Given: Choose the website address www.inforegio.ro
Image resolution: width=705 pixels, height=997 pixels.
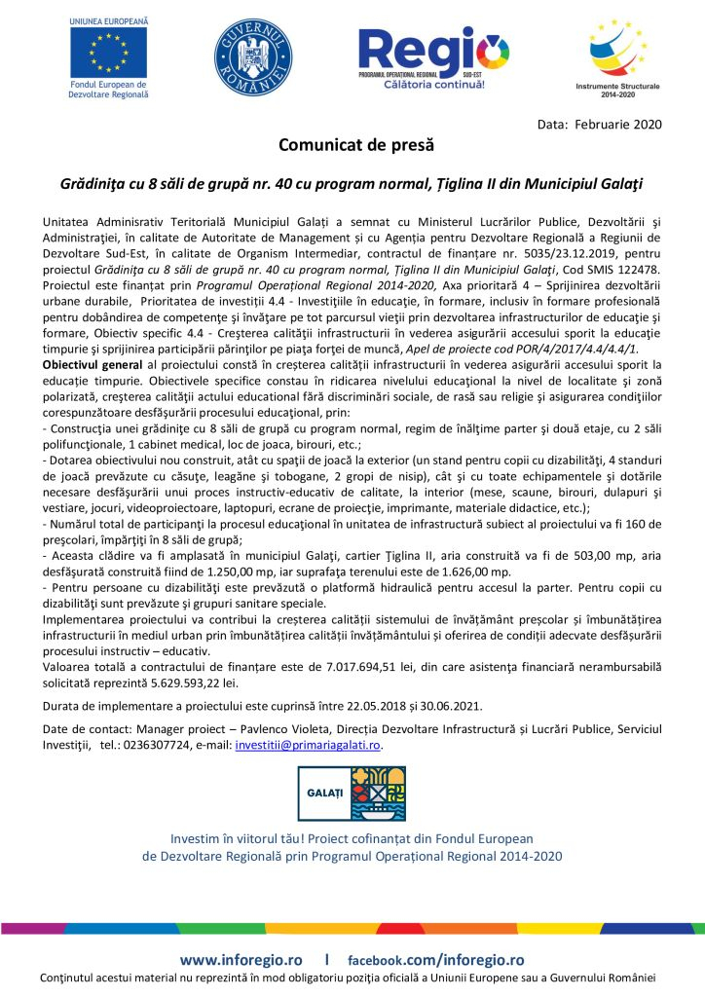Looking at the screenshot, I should (241, 959).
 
